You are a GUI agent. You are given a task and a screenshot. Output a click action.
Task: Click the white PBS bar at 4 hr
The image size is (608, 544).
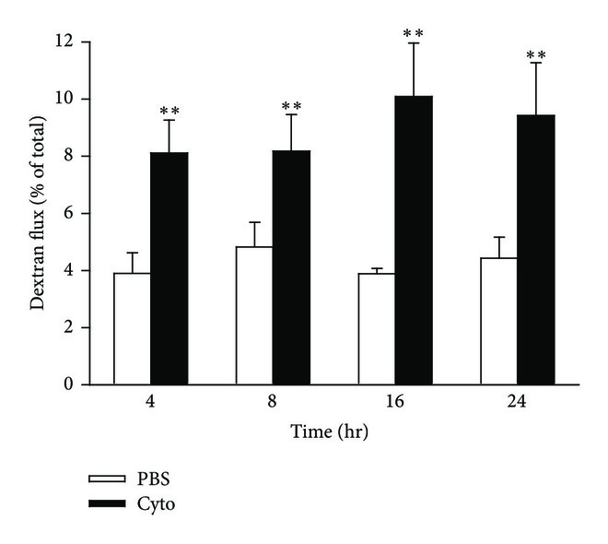132,328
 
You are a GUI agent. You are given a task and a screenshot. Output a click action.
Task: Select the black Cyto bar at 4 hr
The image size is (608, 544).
170,268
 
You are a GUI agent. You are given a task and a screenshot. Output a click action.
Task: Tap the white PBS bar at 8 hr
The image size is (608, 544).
254,315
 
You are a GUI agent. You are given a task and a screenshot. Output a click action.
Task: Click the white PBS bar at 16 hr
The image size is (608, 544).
376,328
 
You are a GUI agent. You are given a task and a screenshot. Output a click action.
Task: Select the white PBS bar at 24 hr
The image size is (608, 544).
498,321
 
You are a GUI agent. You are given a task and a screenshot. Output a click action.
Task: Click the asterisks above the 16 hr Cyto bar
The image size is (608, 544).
413,35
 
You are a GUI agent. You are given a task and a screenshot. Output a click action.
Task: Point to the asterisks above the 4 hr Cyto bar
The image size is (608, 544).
170,112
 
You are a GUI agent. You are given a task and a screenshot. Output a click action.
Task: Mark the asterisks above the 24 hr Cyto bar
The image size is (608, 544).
536,55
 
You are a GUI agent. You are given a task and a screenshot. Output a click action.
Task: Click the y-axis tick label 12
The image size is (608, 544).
66,42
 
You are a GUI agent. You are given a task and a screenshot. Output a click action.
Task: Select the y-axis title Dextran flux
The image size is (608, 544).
40,214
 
